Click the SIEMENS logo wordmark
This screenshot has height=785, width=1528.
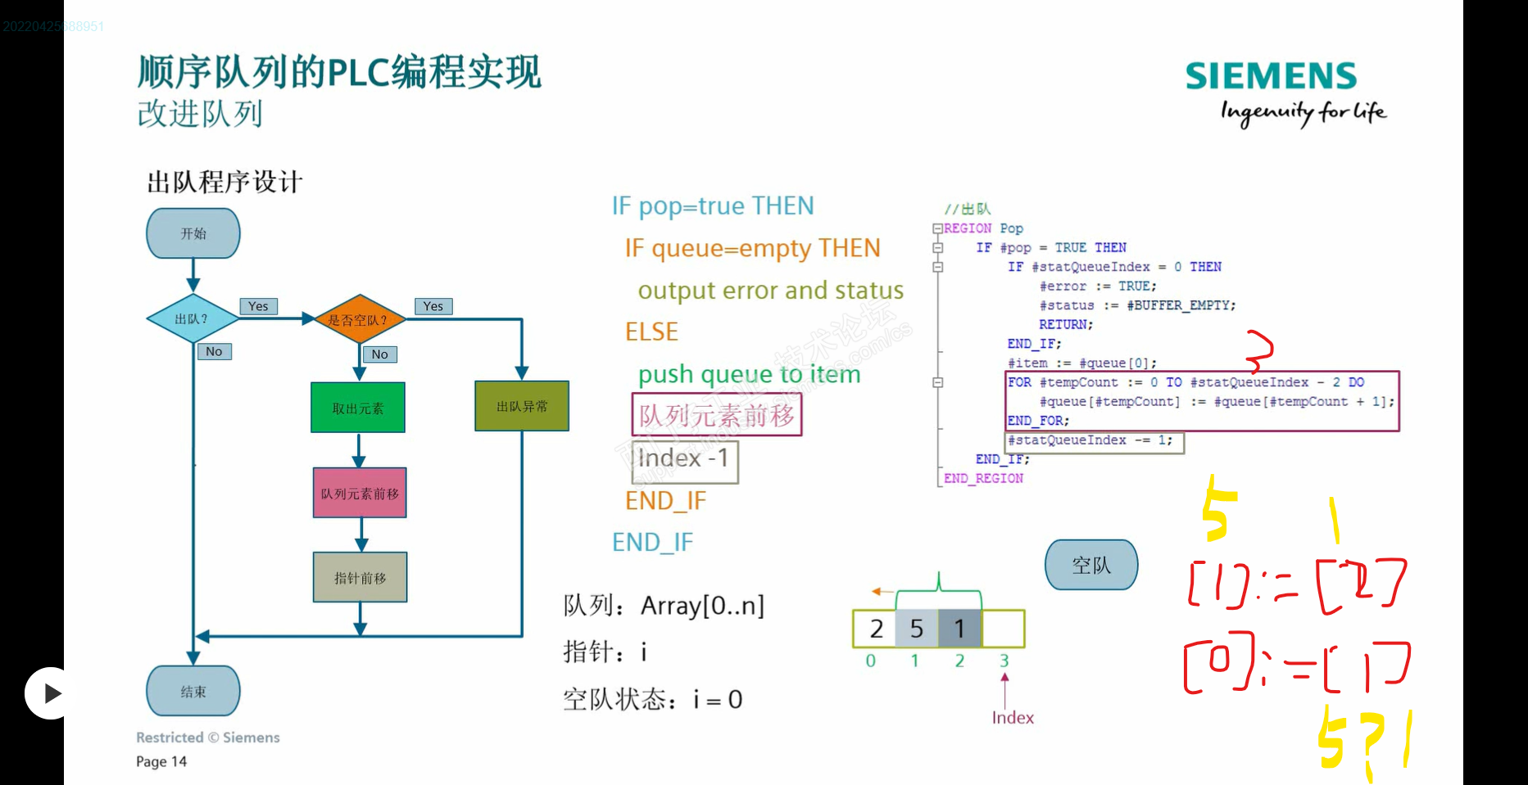tap(1271, 76)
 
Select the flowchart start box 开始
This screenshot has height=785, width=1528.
tap(193, 233)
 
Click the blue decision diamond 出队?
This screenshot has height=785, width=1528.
tap(193, 318)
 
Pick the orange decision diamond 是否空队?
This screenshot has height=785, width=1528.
tap(359, 319)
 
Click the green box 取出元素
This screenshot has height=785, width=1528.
tap(358, 408)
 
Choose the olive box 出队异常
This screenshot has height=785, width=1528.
tap(522, 406)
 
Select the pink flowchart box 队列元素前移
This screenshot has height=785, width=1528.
tap(360, 494)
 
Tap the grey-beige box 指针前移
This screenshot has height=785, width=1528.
tap(360, 578)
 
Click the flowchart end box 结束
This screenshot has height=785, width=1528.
tap(193, 692)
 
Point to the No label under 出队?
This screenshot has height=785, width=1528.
tap(214, 351)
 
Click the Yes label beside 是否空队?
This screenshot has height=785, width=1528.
tap(433, 306)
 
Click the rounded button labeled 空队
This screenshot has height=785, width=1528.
tap(1091, 565)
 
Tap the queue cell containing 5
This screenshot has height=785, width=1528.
tap(917, 629)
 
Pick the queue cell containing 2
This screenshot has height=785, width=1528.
tap(876, 629)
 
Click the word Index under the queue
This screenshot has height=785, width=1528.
tap(1013, 718)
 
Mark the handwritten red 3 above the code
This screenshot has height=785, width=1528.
tap(1259, 351)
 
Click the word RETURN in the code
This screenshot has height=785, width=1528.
tap(1064, 325)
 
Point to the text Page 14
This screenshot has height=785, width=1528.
tap(161, 761)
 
